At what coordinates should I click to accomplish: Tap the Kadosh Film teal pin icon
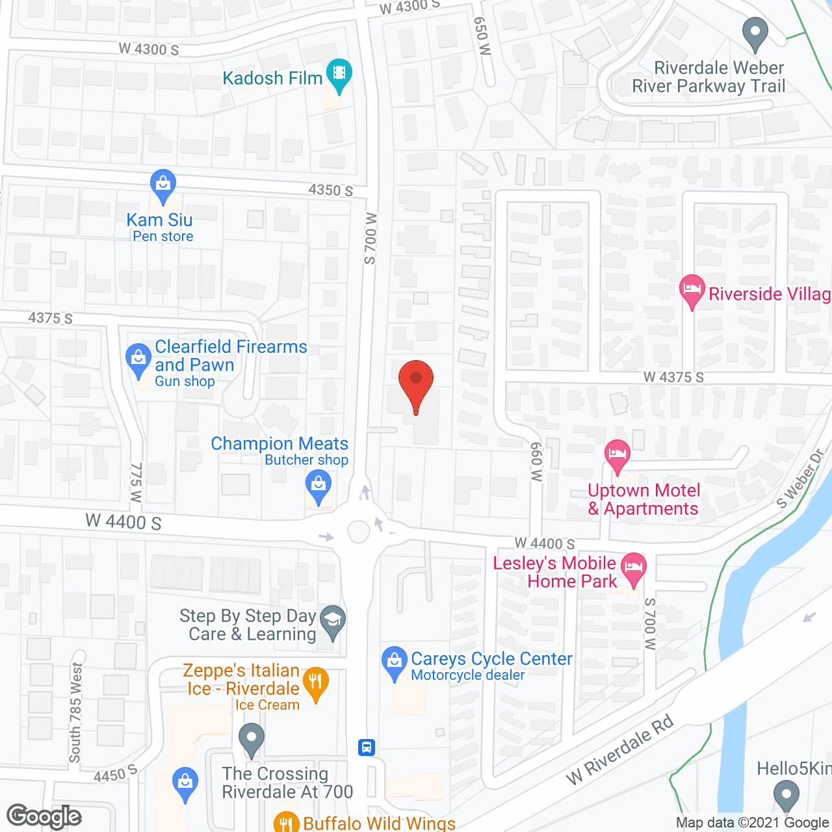pos(339,74)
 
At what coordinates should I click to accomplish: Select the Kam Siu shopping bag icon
pos(162,185)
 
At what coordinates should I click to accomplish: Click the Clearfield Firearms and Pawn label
pos(231,356)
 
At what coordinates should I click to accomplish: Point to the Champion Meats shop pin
pos(318,486)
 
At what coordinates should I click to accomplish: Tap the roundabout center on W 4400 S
pos(359,531)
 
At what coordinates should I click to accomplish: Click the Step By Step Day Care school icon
pos(333,621)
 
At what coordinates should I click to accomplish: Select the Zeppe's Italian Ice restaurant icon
pos(315,683)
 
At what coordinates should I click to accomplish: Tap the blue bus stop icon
pos(367,747)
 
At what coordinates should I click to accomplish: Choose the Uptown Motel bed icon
pos(617,455)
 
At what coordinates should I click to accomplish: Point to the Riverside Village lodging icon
pos(692,291)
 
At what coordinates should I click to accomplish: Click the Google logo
pos(44,816)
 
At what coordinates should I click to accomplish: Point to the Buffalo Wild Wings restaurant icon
pos(286,823)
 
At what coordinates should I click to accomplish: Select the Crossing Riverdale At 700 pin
pos(252,740)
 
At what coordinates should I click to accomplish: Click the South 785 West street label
pos(76,712)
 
